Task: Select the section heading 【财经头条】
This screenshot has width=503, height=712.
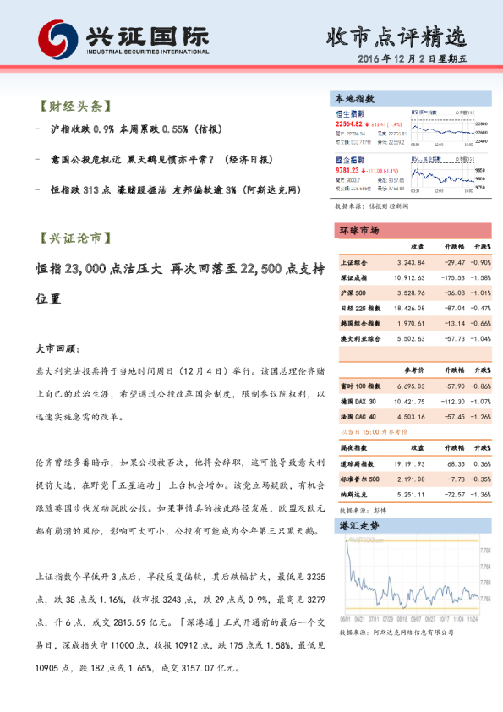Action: (74, 107)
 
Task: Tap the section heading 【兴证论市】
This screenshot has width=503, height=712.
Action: (74, 238)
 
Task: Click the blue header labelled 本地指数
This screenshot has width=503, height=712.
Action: (356, 99)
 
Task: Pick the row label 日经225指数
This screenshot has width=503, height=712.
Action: (360, 308)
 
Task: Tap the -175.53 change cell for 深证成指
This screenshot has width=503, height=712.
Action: (452, 277)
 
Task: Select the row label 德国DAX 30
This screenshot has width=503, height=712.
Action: (358, 400)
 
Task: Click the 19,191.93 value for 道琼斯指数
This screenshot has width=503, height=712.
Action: (409, 464)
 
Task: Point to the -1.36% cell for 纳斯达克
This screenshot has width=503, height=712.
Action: (481, 494)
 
